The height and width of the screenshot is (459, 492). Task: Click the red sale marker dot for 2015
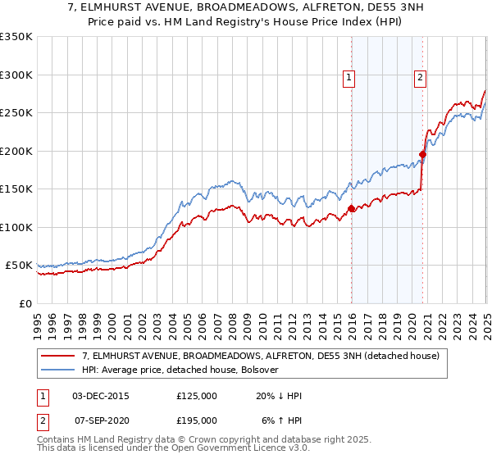[352, 208]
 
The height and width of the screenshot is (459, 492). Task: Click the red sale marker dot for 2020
[423, 154]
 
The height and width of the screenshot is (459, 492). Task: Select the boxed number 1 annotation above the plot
[349, 78]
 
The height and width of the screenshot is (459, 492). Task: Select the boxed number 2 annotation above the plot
[420, 78]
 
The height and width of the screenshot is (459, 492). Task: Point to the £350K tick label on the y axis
[16, 37]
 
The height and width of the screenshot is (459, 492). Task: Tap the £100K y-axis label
[16, 227]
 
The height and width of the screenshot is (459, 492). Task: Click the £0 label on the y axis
[25, 303]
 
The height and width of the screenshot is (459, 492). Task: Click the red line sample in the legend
[58, 356]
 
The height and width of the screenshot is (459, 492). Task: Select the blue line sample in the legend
[58, 370]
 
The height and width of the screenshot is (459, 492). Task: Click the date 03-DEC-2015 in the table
[101, 396]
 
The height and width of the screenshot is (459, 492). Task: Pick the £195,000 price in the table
[197, 420]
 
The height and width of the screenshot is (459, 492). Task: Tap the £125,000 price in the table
[197, 396]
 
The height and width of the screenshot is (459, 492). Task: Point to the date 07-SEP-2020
[101, 420]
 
